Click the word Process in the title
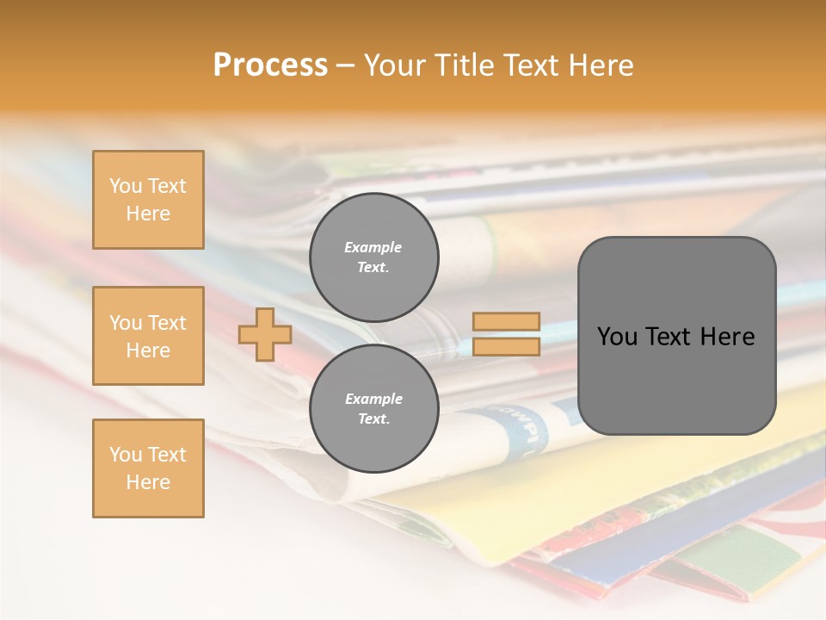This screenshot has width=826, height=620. (x=270, y=65)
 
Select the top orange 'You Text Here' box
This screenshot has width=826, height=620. (x=148, y=200)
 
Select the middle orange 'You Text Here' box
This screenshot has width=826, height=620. (x=148, y=336)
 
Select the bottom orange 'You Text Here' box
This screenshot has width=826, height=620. (x=148, y=468)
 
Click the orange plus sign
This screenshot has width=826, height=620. (x=265, y=334)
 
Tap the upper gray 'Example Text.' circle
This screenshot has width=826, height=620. (x=374, y=257)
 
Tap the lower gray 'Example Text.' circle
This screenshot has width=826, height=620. (x=374, y=409)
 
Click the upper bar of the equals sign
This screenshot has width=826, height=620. (x=506, y=322)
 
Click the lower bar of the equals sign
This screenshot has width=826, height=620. (x=506, y=347)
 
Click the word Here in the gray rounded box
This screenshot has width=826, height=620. (x=727, y=337)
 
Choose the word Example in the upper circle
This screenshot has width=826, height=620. (x=373, y=247)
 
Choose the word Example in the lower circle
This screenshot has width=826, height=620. (x=373, y=399)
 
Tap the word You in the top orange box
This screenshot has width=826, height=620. (x=125, y=186)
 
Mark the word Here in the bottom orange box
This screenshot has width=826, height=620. (x=148, y=482)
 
